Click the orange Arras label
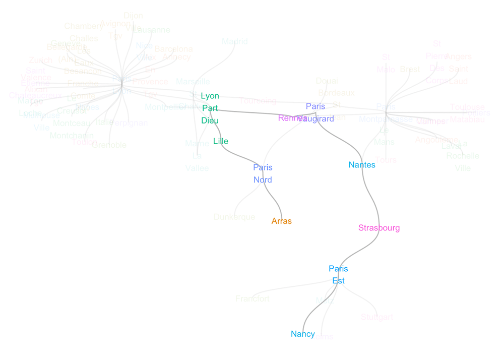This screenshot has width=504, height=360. pyautogui.click(x=281, y=221)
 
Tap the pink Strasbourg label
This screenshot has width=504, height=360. pyautogui.click(x=379, y=228)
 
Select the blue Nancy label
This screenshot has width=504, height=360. pyautogui.click(x=302, y=334)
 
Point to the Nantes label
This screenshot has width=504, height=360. pyautogui.click(x=362, y=164)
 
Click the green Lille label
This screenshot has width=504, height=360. pyautogui.click(x=221, y=141)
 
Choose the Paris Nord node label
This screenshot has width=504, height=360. pyautogui.click(x=263, y=173)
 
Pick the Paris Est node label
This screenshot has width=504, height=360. pyautogui.click(x=338, y=275)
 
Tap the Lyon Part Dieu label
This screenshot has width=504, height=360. pyautogui.click(x=210, y=108)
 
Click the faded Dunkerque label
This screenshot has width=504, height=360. pyautogui.click(x=234, y=217)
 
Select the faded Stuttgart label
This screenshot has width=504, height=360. pyautogui.click(x=376, y=317)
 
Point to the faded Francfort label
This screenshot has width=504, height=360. pyautogui.click(x=253, y=299)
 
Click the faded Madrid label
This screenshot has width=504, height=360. pyautogui.click(x=235, y=42)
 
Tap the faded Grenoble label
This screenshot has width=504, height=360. pyautogui.click(x=109, y=145)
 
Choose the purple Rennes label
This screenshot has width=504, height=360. pyautogui.click(x=292, y=118)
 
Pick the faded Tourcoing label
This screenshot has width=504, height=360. pyautogui.click(x=258, y=101)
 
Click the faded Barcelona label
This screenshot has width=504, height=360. pyautogui.click(x=173, y=49)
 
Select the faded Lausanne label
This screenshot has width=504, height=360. pyautogui.click(x=151, y=30)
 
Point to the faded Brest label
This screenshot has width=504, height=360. pyautogui.click(x=409, y=70)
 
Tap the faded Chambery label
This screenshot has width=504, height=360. pyautogui.click(x=84, y=26)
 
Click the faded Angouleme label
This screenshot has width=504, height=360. pyautogui.click(x=436, y=140)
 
